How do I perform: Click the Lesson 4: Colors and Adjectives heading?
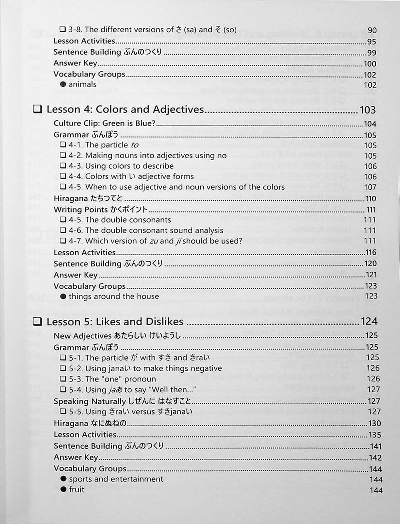tap(125, 110)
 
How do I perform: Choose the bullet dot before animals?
tap(63, 85)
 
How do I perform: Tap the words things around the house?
tap(114, 296)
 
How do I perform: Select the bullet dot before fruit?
tap(63, 490)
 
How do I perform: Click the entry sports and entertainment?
tap(116, 479)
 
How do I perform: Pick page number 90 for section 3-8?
tap(372, 30)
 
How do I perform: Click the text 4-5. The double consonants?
tap(128, 220)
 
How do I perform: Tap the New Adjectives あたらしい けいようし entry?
tap(117, 336)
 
